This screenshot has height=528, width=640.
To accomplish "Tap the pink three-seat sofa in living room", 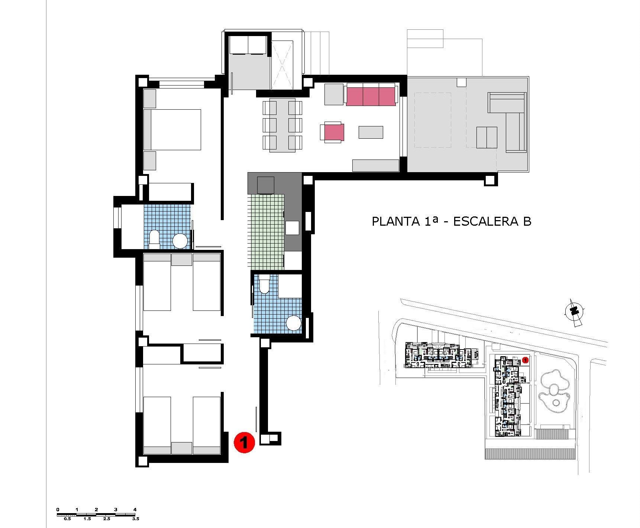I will tap(371, 95).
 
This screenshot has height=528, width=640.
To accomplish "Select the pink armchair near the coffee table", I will tap(333, 132).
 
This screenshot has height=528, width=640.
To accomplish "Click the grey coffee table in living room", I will tap(371, 132).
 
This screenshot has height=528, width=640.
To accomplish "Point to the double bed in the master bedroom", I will tap(173, 129).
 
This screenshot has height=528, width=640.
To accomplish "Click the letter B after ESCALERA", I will tap(527, 221).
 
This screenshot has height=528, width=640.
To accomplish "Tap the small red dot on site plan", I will tap(525, 360).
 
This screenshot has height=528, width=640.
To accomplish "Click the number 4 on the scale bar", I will tap(135, 509).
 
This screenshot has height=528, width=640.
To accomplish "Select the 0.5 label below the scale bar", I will tap(67, 519).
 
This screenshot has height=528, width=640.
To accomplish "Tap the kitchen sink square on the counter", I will tap(292, 228).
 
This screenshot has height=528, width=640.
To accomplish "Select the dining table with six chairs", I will tap(282, 125).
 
